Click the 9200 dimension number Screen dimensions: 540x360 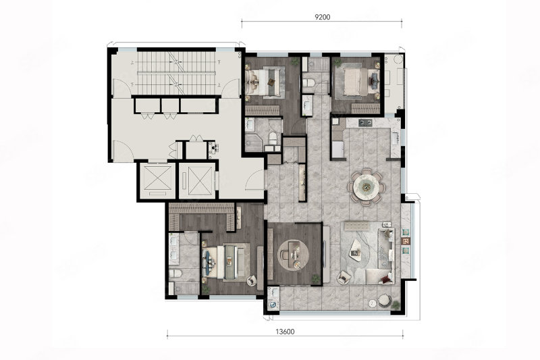(322, 17)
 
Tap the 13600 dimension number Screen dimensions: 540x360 (285, 332)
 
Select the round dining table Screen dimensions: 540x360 (366, 186)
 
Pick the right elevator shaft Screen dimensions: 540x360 (197, 181)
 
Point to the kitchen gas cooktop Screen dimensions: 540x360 (365, 122)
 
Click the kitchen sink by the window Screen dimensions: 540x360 (395, 138)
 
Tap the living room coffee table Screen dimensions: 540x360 (355, 248)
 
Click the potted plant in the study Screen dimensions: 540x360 (315, 278)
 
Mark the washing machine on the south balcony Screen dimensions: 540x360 (273, 305)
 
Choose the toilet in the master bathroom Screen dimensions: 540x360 (175, 274)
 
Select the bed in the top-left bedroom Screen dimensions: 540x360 (265, 81)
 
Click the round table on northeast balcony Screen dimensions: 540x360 (398, 59)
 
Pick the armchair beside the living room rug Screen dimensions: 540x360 (344, 277)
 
